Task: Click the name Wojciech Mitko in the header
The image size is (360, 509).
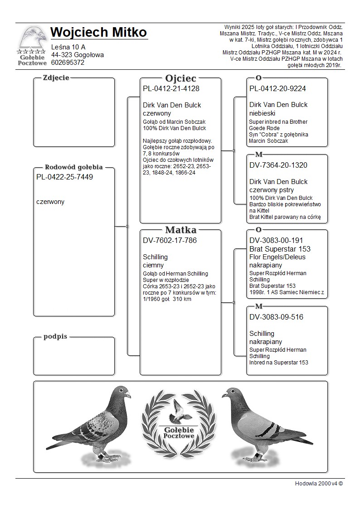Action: (x=98, y=33)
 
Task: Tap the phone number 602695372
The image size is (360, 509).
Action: (x=68, y=63)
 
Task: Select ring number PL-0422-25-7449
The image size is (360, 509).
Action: (x=64, y=177)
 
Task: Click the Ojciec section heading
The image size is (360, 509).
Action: (x=180, y=78)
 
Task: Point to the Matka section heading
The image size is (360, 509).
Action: (x=180, y=230)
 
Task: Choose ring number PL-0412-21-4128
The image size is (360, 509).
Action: (x=171, y=89)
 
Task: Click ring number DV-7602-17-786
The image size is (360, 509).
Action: (x=170, y=241)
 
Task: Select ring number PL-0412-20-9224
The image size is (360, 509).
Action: (x=277, y=89)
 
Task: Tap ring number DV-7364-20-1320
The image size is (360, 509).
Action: (x=278, y=165)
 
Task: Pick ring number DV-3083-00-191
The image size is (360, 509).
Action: (x=276, y=241)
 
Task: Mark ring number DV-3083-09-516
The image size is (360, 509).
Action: (x=276, y=317)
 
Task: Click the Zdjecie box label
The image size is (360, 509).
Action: (x=56, y=78)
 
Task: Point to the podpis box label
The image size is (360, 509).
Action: (x=55, y=336)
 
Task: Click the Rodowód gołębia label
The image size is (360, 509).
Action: (x=73, y=167)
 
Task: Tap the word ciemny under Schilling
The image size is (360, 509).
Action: (x=153, y=265)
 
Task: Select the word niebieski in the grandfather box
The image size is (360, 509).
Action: (x=262, y=113)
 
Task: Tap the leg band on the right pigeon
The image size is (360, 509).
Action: (x=258, y=455)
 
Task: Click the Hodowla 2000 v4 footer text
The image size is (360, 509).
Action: (x=319, y=483)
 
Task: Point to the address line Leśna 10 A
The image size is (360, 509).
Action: (x=68, y=47)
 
